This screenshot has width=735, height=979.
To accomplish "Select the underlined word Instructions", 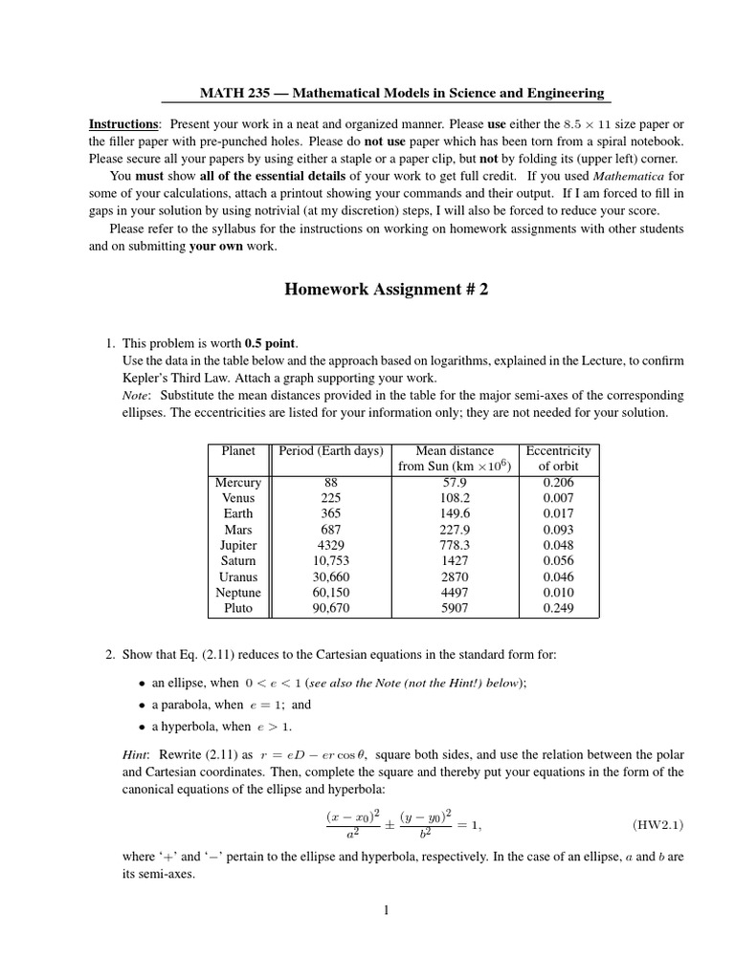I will [123, 124].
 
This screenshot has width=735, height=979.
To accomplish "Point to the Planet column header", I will [238, 450].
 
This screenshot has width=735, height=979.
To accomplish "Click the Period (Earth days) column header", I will [330, 450].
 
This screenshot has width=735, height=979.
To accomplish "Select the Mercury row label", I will [238, 483].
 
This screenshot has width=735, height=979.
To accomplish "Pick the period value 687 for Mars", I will [330, 530].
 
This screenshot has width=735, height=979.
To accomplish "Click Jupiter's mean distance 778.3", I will [455, 545].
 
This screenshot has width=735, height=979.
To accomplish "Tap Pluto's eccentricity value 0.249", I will [559, 607].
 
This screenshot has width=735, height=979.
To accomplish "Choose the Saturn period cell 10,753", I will [330, 560].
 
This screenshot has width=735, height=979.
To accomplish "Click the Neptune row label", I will [238, 592].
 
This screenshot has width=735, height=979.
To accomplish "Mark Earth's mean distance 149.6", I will [455, 513].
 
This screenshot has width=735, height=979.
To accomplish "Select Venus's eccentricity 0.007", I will [559, 498].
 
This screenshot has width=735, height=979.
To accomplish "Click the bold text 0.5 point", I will [272, 343].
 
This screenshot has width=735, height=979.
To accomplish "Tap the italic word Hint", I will [134, 754].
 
